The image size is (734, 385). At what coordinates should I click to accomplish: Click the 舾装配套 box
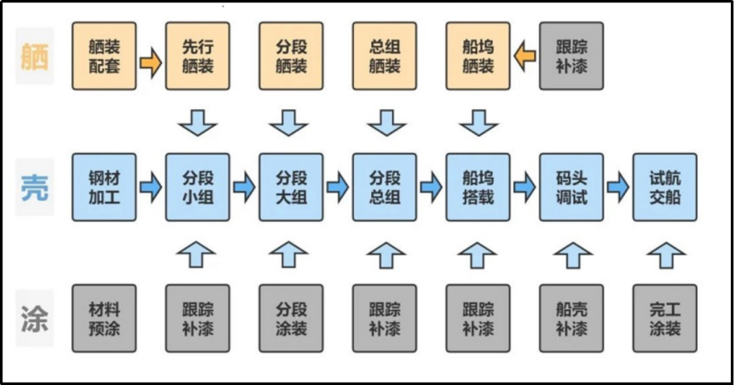pyautogui.click(x=104, y=56)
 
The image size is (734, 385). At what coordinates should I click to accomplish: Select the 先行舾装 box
pyautogui.click(x=198, y=56)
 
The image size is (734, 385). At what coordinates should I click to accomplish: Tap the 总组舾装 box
pyautogui.click(x=385, y=56)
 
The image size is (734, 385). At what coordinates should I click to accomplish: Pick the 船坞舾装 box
pyautogui.click(x=478, y=56)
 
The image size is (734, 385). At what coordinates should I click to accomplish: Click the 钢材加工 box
pyautogui.click(x=104, y=187)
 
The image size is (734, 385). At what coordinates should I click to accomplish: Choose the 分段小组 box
pyautogui.click(x=198, y=187)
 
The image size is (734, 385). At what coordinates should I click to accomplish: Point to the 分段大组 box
pyautogui.click(x=291, y=187)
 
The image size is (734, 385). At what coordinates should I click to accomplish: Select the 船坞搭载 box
pyautogui.click(x=478, y=187)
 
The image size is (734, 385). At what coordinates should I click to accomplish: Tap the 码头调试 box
pyautogui.click(x=572, y=187)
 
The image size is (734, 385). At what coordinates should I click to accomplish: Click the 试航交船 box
pyautogui.click(x=665, y=187)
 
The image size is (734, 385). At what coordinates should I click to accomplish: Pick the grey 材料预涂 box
pyautogui.click(x=104, y=318)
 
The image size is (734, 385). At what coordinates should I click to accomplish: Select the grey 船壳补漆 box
pyautogui.click(x=572, y=318)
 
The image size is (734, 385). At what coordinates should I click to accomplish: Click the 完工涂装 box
pyautogui.click(x=665, y=318)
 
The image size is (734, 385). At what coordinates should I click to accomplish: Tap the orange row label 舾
pyautogui.click(x=35, y=56)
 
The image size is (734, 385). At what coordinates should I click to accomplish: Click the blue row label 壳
pyautogui.click(x=35, y=187)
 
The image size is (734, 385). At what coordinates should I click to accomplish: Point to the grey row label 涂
pyautogui.click(x=35, y=318)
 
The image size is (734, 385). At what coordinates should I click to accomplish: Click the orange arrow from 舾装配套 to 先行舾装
pyautogui.click(x=151, y=63)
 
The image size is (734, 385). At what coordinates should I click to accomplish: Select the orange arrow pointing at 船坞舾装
pyautogui.click(x=525, y=56)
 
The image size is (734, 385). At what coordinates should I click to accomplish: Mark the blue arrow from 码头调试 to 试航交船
pyautogui.click(x=619, y=187)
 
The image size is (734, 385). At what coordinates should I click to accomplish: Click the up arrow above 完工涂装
pyautogui.click(x=665, y=254)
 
